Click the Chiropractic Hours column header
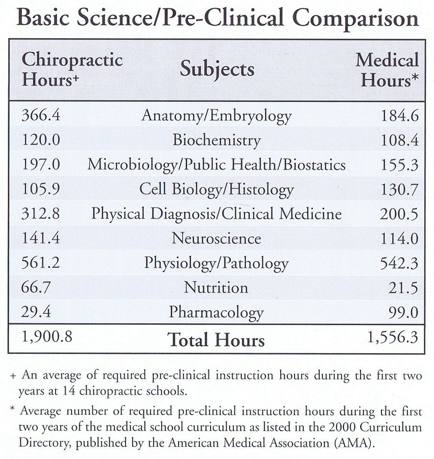(x=72, y=69)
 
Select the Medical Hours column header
(x=387, y=70)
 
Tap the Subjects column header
(x=217, y=69)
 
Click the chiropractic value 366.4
(x=41, y=116)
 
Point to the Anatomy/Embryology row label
(x=216, y=116)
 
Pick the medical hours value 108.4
(x=399, y=141)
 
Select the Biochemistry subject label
(x=216, y=141)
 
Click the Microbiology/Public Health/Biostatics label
(x=216, y=165)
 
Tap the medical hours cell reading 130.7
(x=399, y=189)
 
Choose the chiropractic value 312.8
(x=41, y=214)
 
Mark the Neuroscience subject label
(x=216, y=238)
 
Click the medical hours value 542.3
(x=399, y=263)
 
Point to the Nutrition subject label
(x=216, y=287)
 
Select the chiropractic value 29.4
(x=36, y=312)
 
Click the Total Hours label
(x=216, y=340)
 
